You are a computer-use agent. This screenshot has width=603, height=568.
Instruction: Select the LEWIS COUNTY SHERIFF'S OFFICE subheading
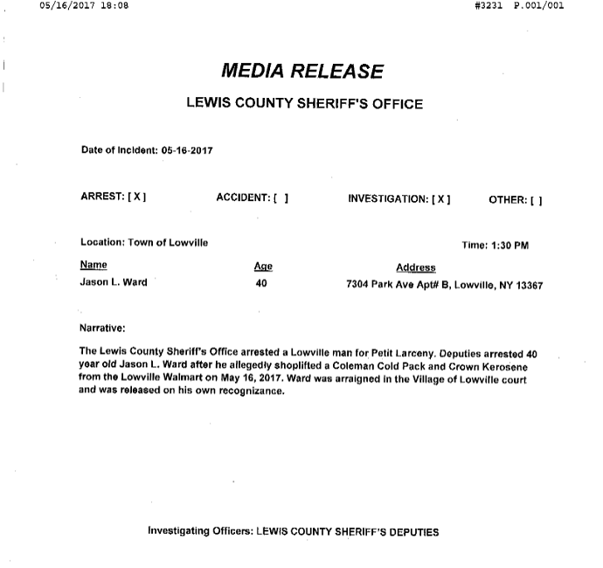point(305,104)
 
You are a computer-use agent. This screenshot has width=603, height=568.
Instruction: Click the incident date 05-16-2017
point(188,150)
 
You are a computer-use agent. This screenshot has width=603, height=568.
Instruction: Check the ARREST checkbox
point(136,198)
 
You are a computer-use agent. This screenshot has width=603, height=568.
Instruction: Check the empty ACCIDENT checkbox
point(280,198)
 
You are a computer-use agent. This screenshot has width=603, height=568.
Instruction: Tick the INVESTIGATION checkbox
point(440,198)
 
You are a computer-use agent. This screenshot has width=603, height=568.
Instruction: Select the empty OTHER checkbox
point(534,198)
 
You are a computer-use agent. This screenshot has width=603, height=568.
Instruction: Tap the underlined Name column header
point(94,265)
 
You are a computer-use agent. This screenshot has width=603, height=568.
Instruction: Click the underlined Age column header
point(263,266)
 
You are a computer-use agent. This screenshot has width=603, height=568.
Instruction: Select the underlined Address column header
point(416,267)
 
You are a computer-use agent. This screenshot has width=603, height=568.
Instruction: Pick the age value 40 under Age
point(261,284)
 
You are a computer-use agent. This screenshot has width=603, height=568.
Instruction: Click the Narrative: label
point(103,329)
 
